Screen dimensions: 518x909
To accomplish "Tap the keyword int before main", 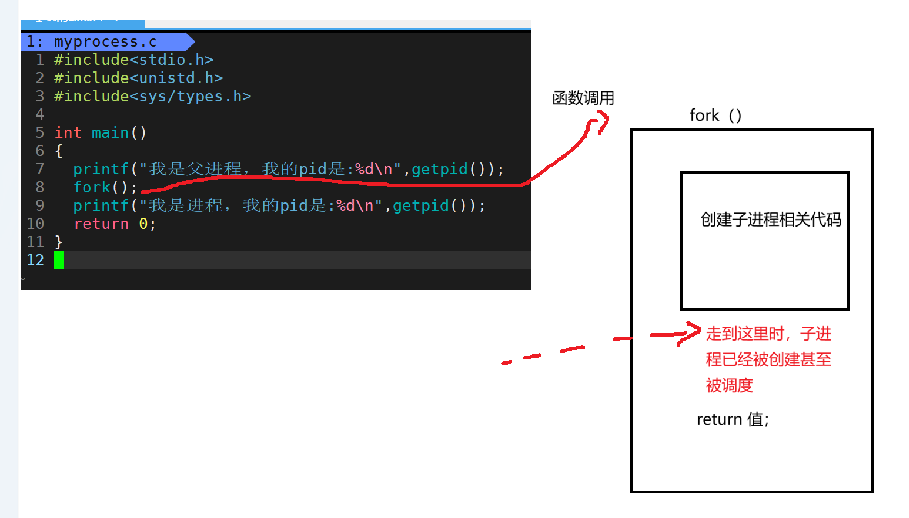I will pyautogui.click(x=68, y=133).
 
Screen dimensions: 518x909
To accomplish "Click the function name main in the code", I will pyautogui.click(x=110, y=133).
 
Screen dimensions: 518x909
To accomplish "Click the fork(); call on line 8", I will pyautogui.click(x=105, y=187).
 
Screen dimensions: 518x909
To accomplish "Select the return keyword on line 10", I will pyautogui.click(x=101, y=224).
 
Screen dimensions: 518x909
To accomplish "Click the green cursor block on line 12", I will pyautogui.click(x=59, y=260).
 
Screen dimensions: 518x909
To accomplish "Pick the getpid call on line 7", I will pyautogui.click(x=439, y=169).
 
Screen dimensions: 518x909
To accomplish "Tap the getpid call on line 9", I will pyautogui.click(x=420, y=206).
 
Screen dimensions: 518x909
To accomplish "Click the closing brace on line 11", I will pyautogui.click(x=59, y=242).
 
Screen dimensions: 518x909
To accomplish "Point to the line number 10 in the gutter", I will pyautogui.click(x=35, y=224).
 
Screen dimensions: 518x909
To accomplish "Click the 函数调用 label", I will pyautogui.click(x=583, y=98).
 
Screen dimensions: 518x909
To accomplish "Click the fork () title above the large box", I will pyautogui.click(x=715, y=115).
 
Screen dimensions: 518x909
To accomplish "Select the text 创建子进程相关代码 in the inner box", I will pyautogui.click(x=770, y=219).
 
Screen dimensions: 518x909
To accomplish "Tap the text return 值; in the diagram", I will pyautogui.click(x=733, y=419).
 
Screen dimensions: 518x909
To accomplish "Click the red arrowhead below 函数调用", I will pyautogui.click(x=601, y=123).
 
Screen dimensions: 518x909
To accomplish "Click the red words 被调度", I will pyautogui.click(x=729, y=385).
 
